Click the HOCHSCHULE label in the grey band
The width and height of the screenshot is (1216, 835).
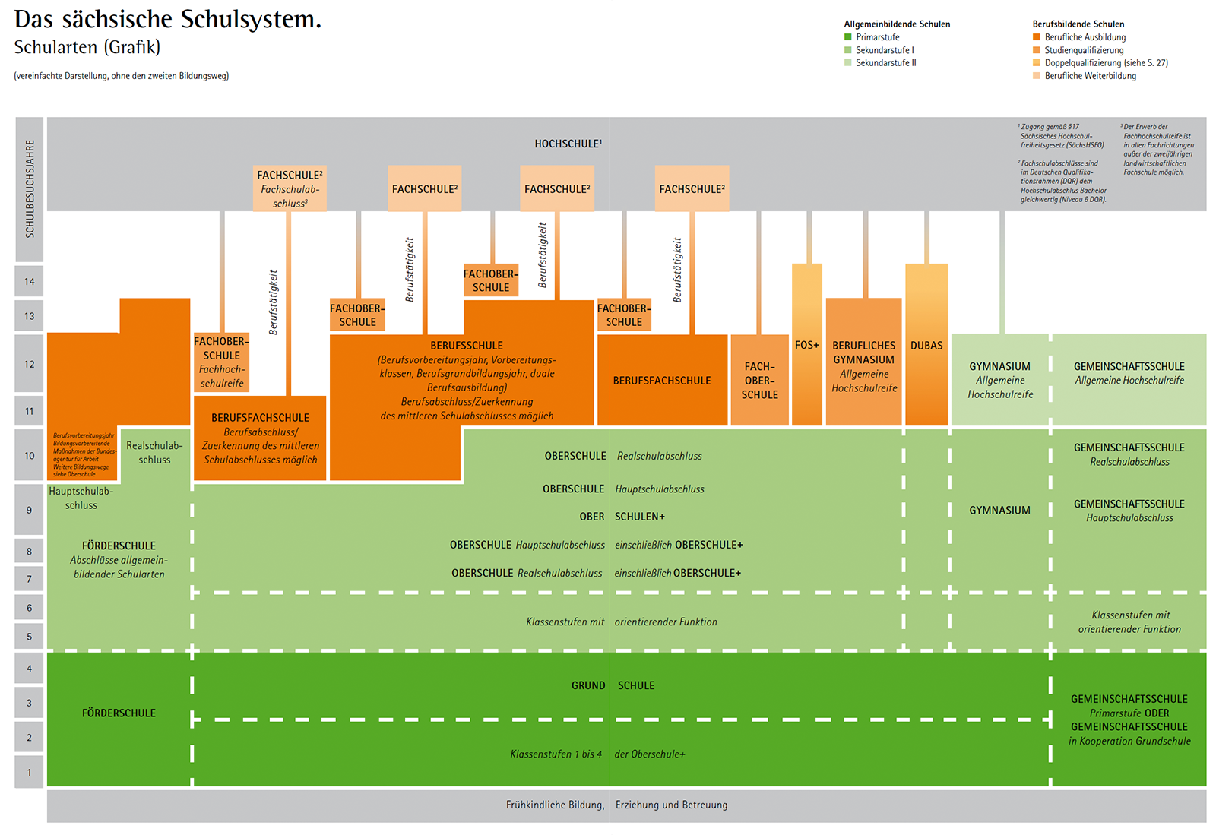pyautogui.click(x=567, y=144)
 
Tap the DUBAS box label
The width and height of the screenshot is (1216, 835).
pyautogui.click(x=926, y=346)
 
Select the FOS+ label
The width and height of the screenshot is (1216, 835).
pyautogui.click(x=806, y=346)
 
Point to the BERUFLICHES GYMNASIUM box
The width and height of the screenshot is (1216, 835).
pyautogui.click(x=863, y=365)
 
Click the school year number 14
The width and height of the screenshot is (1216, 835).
pyautogui.click(x=29, y=282)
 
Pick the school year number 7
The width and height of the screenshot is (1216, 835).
pyautogui.click(x=29, y=579)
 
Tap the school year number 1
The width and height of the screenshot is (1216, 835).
pyautogui.click(x=29, y=773)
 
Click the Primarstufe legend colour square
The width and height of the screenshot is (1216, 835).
pyautogui.click(x=848, y=37)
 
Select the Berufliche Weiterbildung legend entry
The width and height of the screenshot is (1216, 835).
pyautogui.click(x=1090, y=76)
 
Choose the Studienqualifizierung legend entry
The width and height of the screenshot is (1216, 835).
pyautogui.click(x=1084, y=50)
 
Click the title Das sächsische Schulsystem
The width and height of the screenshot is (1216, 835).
pyautogui.click(x=168, y=20)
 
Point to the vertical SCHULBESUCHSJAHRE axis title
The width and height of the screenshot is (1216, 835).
pyautogui.click(x=30, y=188)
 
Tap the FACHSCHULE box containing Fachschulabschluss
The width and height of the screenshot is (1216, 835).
pyautogui.click(x=290, y=188)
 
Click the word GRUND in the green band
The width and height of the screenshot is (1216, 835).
pyautogui.click(x=588, y=685)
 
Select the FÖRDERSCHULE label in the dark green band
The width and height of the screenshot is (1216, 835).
pyautogui.click(x=119, y=713)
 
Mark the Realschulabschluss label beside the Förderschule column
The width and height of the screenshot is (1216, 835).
pyautogui.click(x=154, y=453)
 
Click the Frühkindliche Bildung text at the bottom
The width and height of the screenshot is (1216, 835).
pyautogui.click(x=555, y=805)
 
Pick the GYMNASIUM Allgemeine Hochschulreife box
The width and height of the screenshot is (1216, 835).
pyautogui.click(x=1000, y=380)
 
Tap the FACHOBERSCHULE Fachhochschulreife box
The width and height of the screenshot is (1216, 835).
pyautogui.click(x=221, y=362)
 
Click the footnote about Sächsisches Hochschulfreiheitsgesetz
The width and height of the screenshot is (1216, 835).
pyautogui.click(x=1061, y=136)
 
